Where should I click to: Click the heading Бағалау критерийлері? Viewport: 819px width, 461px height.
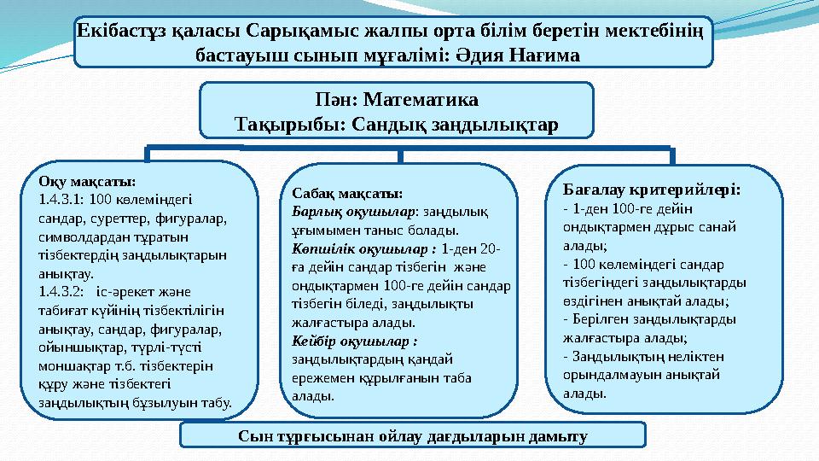pos(653,188)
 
